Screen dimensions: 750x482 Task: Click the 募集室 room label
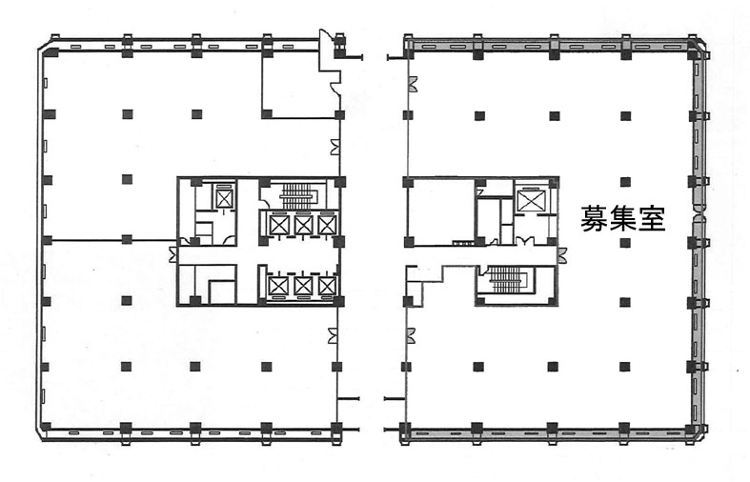tap(622, 219)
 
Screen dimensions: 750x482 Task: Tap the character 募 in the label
tap(595, 219)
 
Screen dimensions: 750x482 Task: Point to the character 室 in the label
tap(652, 219)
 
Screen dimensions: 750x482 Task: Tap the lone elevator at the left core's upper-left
tap(223, 198)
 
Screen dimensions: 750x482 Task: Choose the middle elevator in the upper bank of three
tap(303, 225)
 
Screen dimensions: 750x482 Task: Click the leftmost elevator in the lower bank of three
tap(278, 286)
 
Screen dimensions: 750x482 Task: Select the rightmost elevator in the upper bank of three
tap(327, 225)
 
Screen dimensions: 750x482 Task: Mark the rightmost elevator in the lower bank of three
tap(327, 286)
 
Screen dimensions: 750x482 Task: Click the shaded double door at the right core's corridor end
tap(561, 254)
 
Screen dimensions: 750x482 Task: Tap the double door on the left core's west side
tap(172, 254)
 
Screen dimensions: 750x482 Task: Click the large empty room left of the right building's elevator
tap(440, 211)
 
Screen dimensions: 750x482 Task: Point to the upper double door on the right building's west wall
tap(412, 84)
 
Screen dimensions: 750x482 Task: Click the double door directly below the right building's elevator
tap(525, 240)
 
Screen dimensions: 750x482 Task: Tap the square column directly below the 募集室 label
tap(624, 243)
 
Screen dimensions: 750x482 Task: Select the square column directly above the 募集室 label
tap(624, 182)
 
